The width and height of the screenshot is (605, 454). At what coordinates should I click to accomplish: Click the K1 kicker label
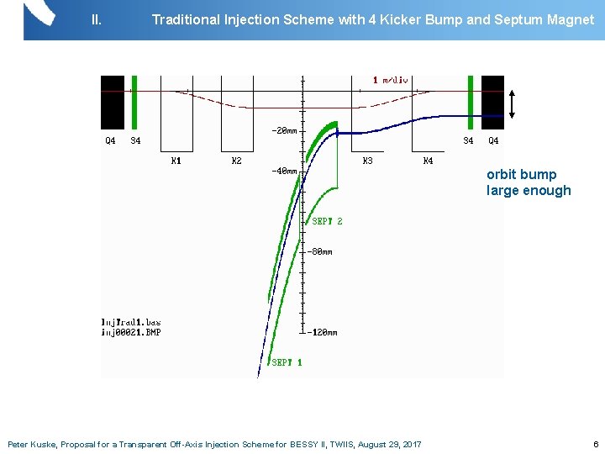176,161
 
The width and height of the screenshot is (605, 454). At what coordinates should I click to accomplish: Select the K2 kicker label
236,161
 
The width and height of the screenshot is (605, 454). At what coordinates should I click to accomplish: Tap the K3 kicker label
367,161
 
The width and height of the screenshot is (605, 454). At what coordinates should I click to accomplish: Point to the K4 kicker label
428,161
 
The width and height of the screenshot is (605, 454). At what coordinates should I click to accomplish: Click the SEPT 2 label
327,221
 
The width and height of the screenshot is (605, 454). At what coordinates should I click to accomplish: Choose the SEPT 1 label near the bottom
287,362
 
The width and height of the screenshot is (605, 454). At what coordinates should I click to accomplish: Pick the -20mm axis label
283,130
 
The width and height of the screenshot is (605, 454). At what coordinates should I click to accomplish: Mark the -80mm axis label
318,251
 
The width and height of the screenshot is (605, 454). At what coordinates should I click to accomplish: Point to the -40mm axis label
283,171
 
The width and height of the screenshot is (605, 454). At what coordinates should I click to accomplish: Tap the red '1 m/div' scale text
391,81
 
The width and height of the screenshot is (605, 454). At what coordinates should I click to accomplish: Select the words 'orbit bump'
521,175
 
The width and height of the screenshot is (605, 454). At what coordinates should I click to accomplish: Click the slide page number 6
596,444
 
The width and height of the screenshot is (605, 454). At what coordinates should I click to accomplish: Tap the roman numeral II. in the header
96,18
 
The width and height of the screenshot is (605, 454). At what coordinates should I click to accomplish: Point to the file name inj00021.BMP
130,332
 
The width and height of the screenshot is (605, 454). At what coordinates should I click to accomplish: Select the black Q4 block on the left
112,102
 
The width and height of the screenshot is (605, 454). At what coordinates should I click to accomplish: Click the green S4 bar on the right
471,102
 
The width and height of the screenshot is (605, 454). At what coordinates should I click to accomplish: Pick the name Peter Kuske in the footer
31,444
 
